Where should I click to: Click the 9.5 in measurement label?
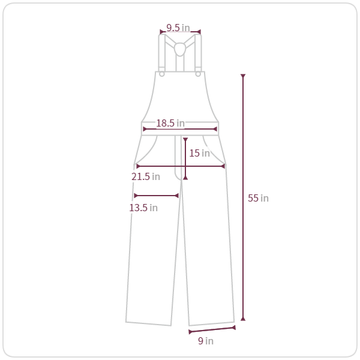pyautogui.click(x=178, y=28)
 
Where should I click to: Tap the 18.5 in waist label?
pyautogui.click(x=170, y=123)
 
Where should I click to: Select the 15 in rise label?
pyautogui.click(x=200, y=153)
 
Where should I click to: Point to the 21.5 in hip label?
pyautogui.click(x=146, y=176)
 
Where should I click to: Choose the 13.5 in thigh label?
pyautogui.click(x=143, y=208)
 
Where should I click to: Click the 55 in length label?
pyautogui.click(x=258, y=198)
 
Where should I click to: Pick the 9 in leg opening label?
pyautogui.click(x=206, y=341)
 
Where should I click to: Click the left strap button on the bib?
pyautogui.click(x=162, y=74)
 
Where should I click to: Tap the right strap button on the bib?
pyautogui.click(x=198, y=74)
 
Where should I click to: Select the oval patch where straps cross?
pyautogui.click(x=180, y=49)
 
